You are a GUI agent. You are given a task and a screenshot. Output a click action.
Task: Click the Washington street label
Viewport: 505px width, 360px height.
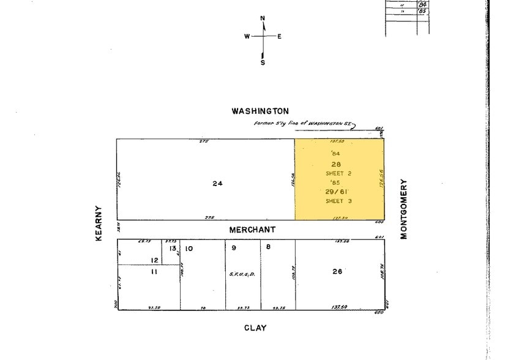[260, 111]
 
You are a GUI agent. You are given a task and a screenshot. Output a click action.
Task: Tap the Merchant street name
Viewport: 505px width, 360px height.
[252, 230]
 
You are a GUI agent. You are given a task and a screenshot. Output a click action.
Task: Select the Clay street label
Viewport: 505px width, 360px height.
[255, 328]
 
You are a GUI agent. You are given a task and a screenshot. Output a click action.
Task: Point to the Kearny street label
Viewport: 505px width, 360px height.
[99, 223]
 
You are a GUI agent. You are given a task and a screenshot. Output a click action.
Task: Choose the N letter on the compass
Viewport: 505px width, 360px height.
[263, 18]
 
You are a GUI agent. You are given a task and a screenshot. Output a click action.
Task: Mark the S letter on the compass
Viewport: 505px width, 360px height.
[263, 62]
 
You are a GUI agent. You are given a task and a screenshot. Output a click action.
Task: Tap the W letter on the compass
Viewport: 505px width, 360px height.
[247, 36]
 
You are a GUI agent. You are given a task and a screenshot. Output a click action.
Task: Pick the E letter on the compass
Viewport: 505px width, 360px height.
[279, 36]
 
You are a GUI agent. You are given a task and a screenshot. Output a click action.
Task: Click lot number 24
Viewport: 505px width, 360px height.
[217, 183]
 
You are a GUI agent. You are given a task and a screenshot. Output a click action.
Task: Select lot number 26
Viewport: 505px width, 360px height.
[337, 271]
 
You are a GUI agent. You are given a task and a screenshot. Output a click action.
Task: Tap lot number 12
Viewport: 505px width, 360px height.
[154, 260]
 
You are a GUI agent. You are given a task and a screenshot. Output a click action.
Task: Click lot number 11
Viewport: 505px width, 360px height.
[154, 271]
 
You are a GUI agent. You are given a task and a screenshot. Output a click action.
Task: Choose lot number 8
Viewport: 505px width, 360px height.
[268, 247]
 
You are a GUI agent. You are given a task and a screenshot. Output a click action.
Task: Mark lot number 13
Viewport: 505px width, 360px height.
[173, 248]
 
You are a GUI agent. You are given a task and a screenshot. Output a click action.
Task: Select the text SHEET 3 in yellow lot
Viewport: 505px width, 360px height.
[339, 201]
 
